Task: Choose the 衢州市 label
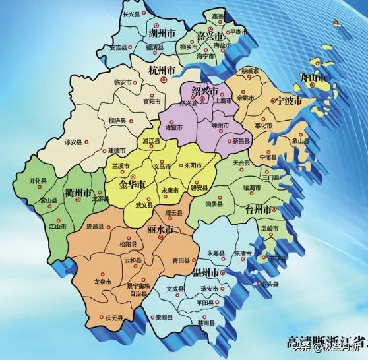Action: (x=77, y=193)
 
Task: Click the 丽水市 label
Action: (x=160, y=231)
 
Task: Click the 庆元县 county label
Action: (x=114, y=318)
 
